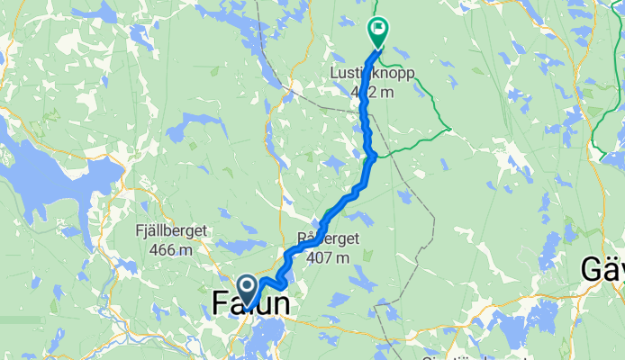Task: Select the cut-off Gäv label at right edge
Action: click(x=602, y=269)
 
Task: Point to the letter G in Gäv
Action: click(x=591, y=269)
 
